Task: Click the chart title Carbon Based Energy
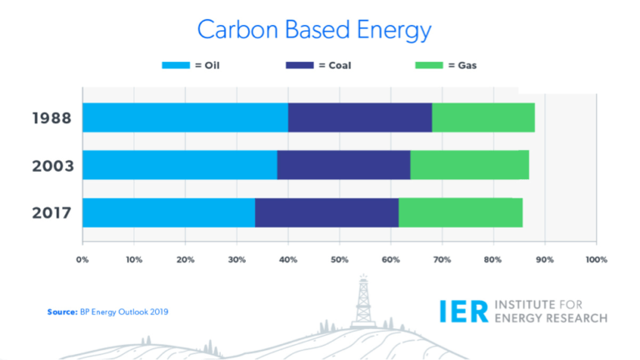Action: tap(314, 30)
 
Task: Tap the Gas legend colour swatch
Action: tap(432, 65)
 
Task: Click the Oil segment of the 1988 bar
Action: tap(185, 117)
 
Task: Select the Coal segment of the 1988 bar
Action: tap(360, 117)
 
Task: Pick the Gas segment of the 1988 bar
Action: tap(483, 117)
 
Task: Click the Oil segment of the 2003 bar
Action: tap(179, 165)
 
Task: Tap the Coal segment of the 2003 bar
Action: tap(343, 165)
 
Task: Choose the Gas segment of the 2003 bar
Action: tap(469, 165)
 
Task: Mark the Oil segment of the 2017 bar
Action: tap(168, 212)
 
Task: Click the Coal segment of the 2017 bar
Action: tap(327, 212)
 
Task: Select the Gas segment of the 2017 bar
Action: tap(461, 212)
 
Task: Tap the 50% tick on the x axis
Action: tap(339, 260)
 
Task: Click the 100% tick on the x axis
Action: tap(596, 260)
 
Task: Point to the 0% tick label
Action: tap(82, 260)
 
